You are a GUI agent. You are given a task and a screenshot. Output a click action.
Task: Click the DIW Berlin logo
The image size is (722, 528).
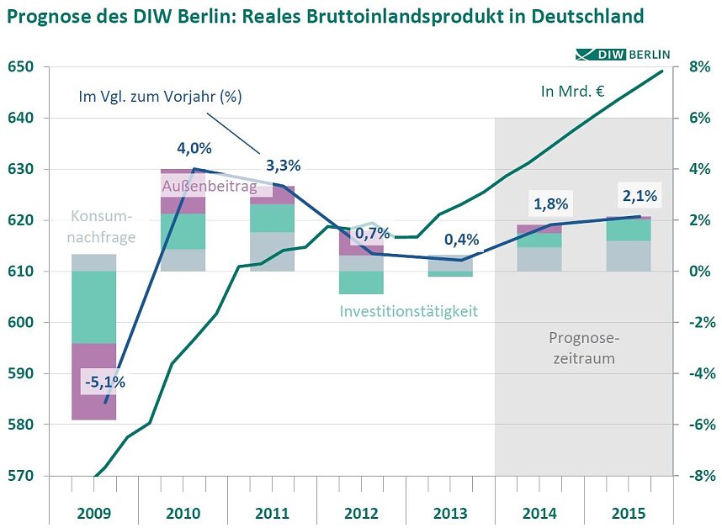point(624,55)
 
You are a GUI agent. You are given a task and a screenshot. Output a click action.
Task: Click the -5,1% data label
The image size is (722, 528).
point(105,382)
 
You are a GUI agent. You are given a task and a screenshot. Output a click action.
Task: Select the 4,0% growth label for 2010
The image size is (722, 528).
point(194,149)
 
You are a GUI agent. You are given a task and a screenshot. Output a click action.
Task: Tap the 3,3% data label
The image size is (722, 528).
point(283,165)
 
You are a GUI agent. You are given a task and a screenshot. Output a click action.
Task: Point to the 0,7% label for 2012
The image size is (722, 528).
point(372,232)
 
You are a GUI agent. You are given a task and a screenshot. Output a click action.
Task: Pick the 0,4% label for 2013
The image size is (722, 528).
point(461,239)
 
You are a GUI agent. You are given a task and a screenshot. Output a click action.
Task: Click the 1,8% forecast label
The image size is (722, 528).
point(550,203)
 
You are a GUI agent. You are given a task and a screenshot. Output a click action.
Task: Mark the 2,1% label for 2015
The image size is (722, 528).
point(639,196)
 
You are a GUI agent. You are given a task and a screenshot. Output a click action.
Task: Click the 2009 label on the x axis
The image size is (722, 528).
point(93,513)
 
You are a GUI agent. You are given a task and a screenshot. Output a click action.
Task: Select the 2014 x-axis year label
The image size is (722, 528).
point(539,513)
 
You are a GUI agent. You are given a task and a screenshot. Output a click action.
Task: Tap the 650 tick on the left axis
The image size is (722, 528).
point(23,67)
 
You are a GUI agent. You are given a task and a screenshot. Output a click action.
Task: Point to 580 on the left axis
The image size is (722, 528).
point(23,425)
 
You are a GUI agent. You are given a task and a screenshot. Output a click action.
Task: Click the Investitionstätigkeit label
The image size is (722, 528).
point(409,311)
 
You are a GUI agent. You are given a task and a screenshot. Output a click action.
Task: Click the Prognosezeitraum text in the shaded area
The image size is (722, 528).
point(583,348)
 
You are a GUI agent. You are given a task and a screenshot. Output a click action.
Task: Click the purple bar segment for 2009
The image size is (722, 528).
point(93,381)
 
